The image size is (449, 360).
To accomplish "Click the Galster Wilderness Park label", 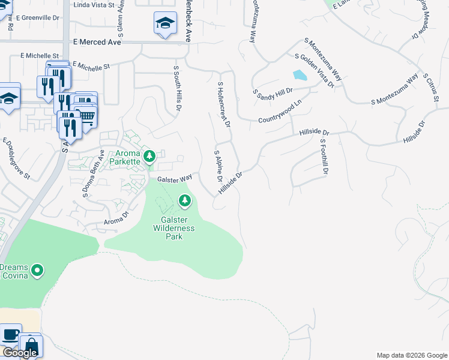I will (x=173, y=228).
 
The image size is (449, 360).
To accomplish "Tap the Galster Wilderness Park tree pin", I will (x=184, y=200).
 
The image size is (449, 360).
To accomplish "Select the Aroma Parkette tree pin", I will (x=149, y=157).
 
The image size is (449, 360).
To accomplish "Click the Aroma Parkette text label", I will (x=124, y=158).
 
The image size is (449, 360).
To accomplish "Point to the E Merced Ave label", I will (x=97, y=43).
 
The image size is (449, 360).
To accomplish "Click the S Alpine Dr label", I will (x=218, y=167).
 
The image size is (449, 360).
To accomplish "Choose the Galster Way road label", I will (x=174, y=179).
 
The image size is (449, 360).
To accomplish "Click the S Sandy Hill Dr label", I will (x=273, y=94).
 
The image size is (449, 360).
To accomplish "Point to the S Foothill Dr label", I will (x=324, y=157).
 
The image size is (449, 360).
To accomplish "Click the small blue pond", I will (x=299, y=76).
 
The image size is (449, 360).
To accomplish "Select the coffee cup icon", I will (x=11, y=335).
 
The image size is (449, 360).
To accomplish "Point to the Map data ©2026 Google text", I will (x=412, y=355).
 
